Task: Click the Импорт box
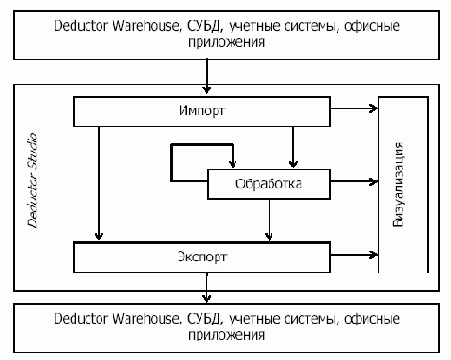click(201, 113)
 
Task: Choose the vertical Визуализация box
click(402, 183)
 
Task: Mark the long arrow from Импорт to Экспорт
click(97, 182)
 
